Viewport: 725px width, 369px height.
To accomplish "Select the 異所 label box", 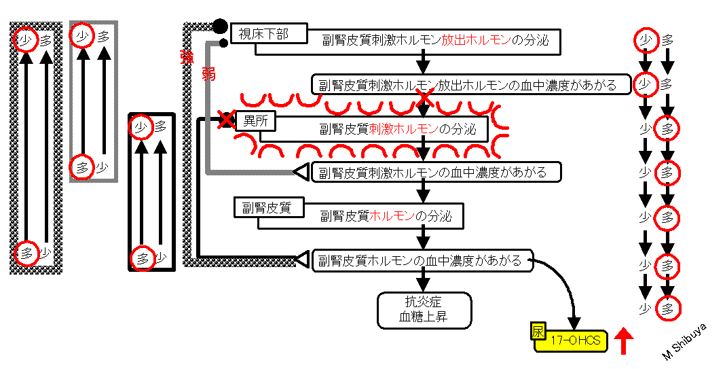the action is (x=256, y=122).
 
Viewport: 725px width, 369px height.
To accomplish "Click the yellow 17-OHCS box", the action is (x=572, y=341).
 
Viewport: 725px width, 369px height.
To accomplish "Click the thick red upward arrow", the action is (x=624, y=340).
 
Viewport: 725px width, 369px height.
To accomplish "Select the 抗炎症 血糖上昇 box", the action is (x=424, y=310).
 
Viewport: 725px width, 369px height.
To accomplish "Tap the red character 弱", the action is (x=208, y=73).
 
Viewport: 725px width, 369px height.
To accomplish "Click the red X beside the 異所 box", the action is (x=226, y=120).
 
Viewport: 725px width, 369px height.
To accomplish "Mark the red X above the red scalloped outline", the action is (x=424, y=99).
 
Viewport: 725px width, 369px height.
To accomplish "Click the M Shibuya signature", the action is (x=685, y=342).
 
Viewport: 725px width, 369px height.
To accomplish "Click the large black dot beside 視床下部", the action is (x=220, y=27).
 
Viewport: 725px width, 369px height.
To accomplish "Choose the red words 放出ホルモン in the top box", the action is (x=477, y=40).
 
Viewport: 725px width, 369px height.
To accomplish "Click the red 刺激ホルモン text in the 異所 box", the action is (x=403, y=128).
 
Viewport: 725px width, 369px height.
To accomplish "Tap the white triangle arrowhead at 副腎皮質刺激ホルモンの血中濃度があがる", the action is (x=301, y=172).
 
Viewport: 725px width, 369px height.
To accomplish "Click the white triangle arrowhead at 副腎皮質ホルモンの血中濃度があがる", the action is (x=301, y=260).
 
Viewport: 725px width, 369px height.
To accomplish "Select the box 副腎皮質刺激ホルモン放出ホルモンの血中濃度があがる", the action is (x=471, y=84).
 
